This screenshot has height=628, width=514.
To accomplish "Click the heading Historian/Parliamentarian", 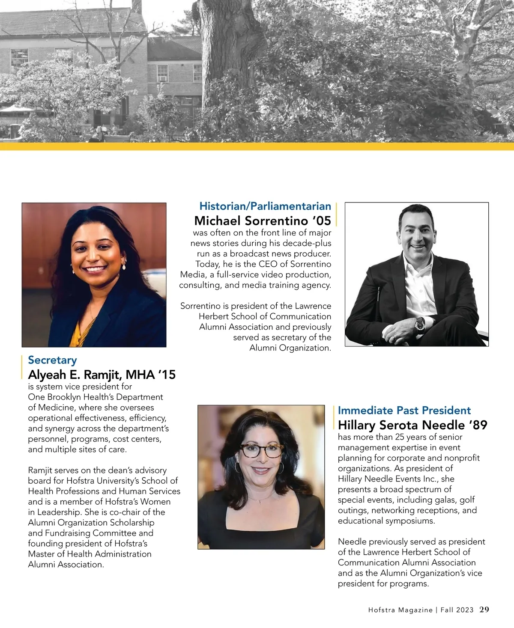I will (265, 206).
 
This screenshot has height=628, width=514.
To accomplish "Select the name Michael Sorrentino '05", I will (263, 221).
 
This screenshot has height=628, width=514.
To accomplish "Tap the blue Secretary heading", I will (52, 360).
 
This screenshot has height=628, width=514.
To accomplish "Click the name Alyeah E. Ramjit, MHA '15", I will (102, 375).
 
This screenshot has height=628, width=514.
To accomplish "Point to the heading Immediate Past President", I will (404, 411).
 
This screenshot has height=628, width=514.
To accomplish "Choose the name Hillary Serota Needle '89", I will (412, 425).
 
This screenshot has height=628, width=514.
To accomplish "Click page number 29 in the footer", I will (484, 610).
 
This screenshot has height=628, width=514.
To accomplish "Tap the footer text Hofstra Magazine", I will (400, 610).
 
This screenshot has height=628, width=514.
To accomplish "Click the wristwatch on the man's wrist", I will (419, 324).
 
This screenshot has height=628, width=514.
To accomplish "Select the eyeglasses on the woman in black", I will (262, 450).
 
